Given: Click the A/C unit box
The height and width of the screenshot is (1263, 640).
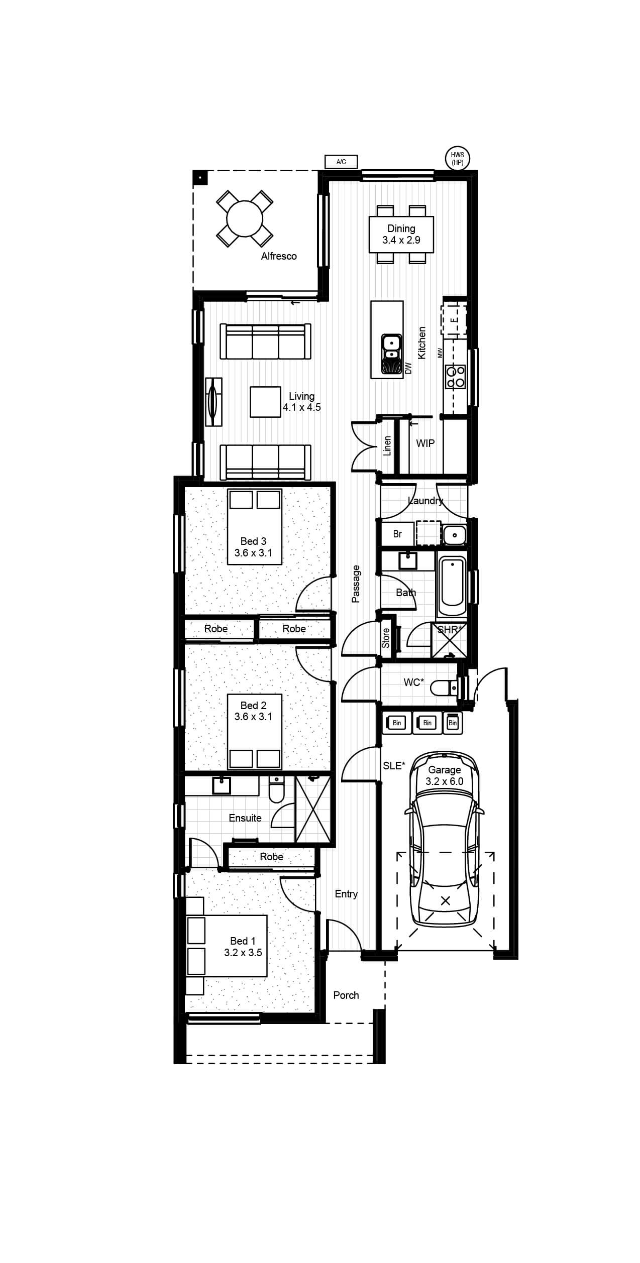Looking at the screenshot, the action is click(341, 162).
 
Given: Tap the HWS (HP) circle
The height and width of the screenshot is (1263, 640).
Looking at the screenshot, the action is click(458, 159).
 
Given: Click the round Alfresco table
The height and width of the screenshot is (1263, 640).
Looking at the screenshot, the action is click(245, 218).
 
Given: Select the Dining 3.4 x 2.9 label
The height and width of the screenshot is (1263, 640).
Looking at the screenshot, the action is click(401, 235).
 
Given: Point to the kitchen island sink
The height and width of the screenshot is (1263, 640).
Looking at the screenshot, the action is click(391, 355).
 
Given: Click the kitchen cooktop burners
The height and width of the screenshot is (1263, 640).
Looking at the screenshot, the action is click(455, 377).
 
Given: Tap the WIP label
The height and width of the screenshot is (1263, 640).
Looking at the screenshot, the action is click(425, 443).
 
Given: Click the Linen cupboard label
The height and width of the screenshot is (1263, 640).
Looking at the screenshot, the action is click(387, 446).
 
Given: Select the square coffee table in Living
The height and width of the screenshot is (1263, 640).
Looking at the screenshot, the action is click(265, 402).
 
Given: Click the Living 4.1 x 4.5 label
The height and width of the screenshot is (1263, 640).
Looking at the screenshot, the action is click(301, 402).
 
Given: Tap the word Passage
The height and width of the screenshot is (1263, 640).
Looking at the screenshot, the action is click(356, 584).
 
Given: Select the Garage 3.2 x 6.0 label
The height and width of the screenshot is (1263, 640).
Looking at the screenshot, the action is click(445, 775).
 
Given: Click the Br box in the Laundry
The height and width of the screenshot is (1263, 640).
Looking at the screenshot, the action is click(397, 534).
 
